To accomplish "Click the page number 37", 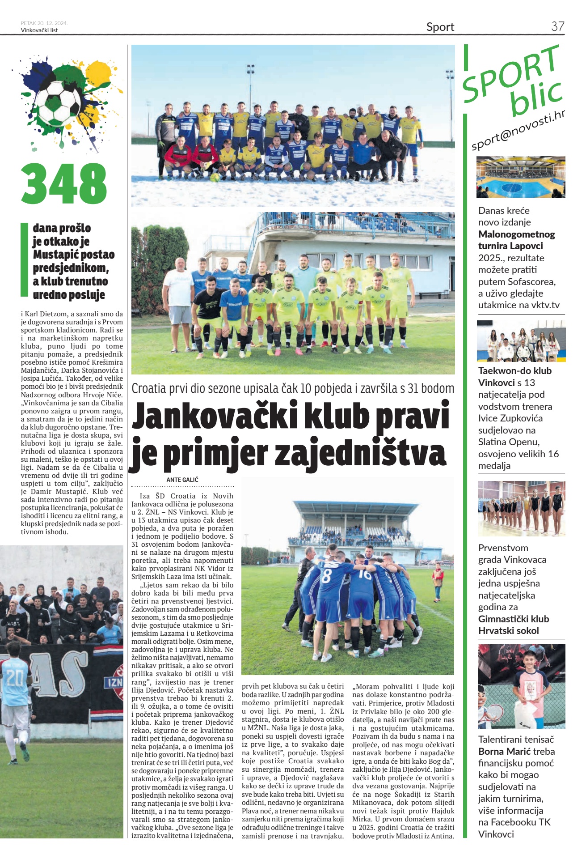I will [557, 26].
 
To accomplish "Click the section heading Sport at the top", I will [440, 27].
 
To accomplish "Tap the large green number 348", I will [64, 183].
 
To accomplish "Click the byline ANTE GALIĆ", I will [182, 480].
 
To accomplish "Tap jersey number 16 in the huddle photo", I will [365, 574].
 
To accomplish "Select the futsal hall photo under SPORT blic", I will [521, 177].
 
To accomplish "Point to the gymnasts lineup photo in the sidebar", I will [521, 508].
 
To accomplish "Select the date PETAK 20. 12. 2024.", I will [44, 23].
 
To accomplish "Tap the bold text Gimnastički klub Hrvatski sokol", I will [513, 625].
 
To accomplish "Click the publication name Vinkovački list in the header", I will [39, 30].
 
